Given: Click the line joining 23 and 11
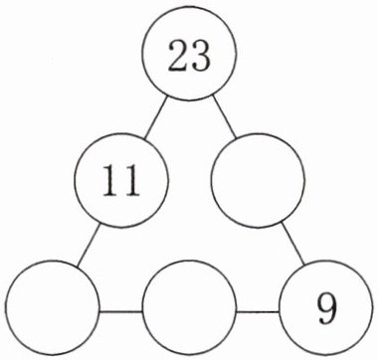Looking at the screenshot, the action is coord(156,117).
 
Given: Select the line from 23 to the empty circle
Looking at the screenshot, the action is coord(224,116).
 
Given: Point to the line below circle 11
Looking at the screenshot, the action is coord(89,246).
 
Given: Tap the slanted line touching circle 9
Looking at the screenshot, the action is coord(293,244).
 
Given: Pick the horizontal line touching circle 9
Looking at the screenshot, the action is coord(258,312).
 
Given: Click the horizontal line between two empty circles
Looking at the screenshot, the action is coord(121,311).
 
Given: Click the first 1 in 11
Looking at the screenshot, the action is coord(110,180).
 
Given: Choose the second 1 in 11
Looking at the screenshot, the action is coord(131,180).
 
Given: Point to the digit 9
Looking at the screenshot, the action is coord(326,309).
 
